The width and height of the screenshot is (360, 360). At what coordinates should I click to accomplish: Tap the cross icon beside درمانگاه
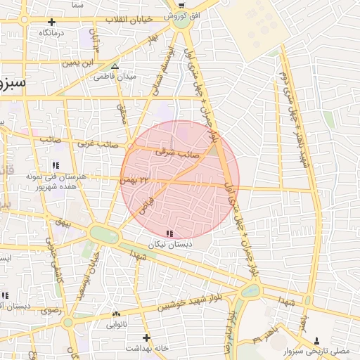pos(52,22)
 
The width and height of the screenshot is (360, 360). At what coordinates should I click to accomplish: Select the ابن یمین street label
pos(77,63)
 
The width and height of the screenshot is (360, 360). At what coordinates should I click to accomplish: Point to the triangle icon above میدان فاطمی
pos(115,67)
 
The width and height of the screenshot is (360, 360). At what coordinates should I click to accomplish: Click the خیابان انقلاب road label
pos(129,20)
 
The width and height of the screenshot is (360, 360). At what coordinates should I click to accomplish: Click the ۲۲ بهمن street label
pos(136,181)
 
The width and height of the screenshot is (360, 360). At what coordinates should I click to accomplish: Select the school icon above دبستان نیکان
pos(169,233)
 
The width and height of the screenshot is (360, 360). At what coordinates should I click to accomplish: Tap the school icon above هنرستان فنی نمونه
pos(55,165)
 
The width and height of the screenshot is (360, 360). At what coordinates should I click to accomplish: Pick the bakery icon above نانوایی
pos(115,314)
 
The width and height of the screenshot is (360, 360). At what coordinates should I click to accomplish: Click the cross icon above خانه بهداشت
pos(146,337)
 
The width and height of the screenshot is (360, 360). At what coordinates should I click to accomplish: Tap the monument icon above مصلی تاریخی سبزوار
pos(316,339)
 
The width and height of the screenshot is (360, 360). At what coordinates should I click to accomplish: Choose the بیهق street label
pos(65,223)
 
